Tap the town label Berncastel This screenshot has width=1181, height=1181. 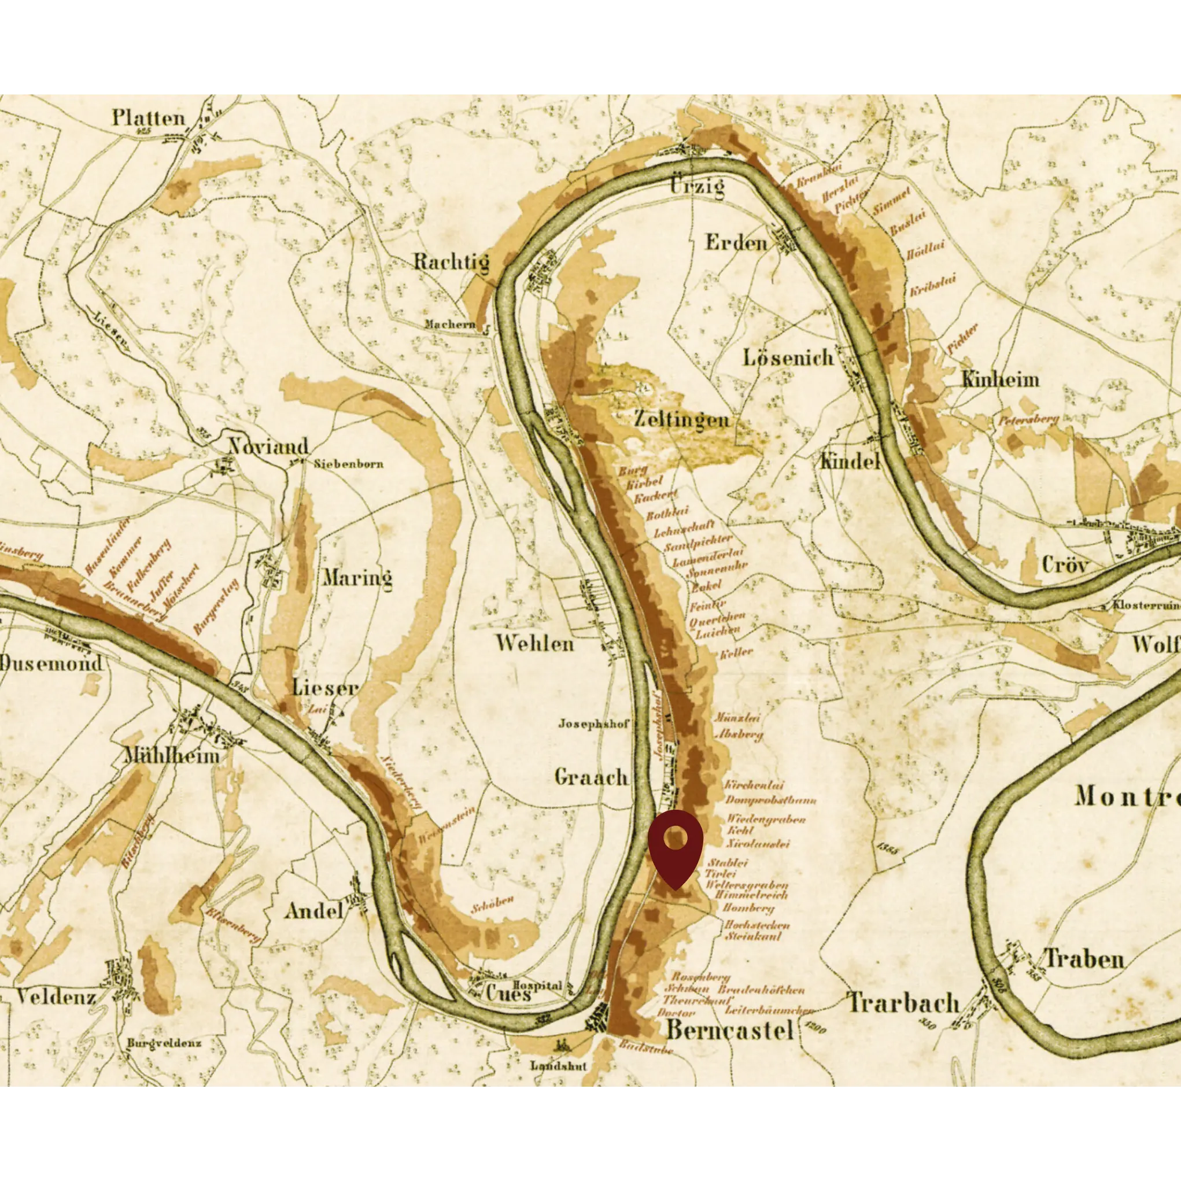pos(729,1030)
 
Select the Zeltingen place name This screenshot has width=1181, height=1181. pos(681,419)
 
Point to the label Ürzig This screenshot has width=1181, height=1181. pos(697,185)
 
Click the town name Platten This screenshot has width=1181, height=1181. pos(148,118)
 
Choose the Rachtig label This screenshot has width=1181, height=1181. pos(451,262)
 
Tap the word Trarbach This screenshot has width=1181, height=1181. pos(903,1003)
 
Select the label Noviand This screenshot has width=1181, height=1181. pos(268,446)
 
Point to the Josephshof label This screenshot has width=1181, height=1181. pos(593,724)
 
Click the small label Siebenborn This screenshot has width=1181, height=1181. pos(348,463)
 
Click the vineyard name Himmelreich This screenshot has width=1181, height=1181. pos(751,894)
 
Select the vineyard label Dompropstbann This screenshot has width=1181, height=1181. pos(771,799)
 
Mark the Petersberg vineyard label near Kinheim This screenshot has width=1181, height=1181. pos(1029,419)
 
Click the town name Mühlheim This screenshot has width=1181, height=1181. pos(172,755)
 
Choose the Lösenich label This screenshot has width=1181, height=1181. pos(788,357)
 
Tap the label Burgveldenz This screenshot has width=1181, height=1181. pos(164,1043)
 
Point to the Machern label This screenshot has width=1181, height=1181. pos(450,324)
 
